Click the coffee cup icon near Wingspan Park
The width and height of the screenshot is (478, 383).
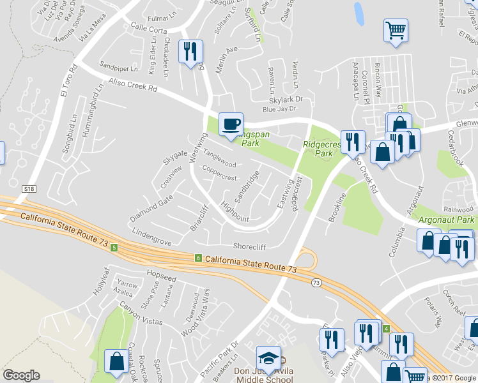pos(231,123)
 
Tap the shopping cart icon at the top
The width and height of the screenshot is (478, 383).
pos(396,30)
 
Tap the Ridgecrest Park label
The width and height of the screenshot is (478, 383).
pos(318,149)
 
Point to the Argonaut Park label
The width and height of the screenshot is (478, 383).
pos(447,220)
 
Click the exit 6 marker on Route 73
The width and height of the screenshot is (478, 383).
pos(199,257)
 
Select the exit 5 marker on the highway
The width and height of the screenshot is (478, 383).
pos(114,247)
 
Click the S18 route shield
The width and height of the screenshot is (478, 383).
pos(28,190)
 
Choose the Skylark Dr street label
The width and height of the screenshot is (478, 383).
pos(285,100)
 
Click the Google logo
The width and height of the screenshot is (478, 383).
pos(21,375)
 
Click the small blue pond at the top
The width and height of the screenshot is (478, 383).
pos(358,13)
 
